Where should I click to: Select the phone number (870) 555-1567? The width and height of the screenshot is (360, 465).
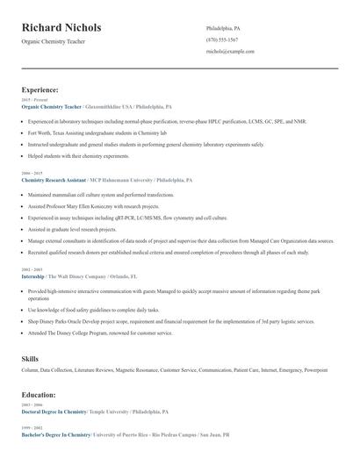(222, 39)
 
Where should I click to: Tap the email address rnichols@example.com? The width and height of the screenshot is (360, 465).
(230, 52)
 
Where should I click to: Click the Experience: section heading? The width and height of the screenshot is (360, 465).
(40, 89)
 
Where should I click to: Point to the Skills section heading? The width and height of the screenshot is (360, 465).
(30, 358)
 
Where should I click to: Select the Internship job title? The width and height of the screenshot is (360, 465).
(32, 275)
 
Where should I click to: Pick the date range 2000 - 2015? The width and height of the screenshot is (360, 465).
(32, 174)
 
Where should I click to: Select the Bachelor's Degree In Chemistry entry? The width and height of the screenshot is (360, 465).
(56, 434)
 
